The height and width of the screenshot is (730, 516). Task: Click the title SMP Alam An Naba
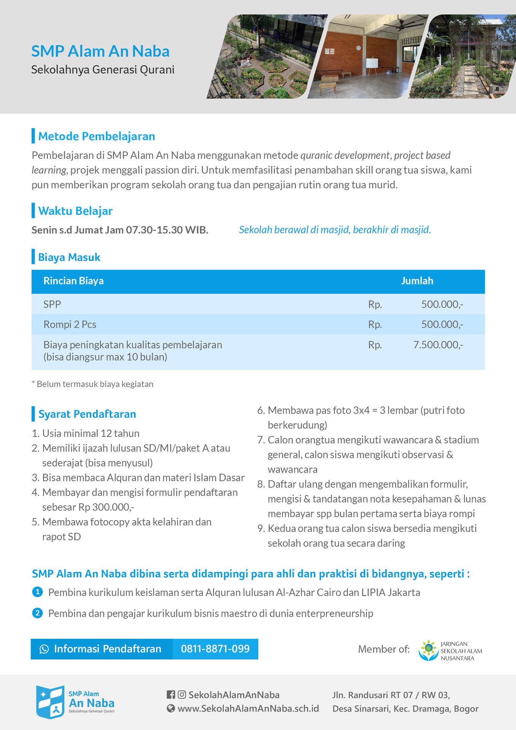click(100, 51)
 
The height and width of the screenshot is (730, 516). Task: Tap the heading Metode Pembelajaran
click(97, 136)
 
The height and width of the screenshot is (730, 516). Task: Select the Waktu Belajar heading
click(75, 211)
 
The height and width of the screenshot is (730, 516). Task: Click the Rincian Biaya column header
click(73, 281)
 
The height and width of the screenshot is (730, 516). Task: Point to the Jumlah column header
click(417, 281)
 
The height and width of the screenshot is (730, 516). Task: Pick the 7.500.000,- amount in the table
click(438, 345)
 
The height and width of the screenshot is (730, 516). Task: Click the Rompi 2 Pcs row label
click(70, 324)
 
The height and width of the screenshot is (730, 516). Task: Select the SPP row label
click(52, 304)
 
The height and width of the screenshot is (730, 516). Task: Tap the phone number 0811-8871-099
click(215, 649)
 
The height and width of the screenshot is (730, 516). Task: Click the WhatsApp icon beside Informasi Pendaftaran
click(44, 649)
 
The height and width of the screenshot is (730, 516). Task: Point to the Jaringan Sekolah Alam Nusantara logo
click(428, 650)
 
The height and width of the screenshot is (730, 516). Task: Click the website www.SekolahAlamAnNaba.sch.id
click(248, 708)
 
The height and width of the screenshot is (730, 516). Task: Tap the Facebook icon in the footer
click(171, 695)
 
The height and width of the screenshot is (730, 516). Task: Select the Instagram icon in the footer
click(182, 695)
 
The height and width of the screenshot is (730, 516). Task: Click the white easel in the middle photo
click(372, 67)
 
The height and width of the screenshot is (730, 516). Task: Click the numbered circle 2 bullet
click(37, 613)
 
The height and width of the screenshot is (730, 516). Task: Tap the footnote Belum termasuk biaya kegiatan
click(95, 384)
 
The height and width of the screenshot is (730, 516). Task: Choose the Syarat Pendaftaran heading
click(87, 414)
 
